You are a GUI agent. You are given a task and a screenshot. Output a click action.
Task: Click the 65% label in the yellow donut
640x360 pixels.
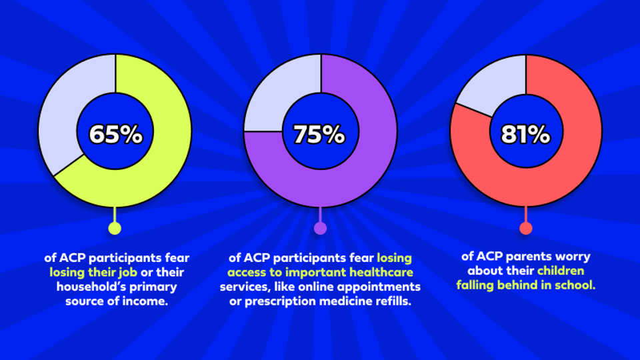coord(116,134)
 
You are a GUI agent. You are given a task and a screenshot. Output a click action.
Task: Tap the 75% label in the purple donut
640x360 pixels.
coord(319,134)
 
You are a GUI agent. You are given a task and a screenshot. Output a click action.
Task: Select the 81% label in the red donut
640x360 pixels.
coord(525,134)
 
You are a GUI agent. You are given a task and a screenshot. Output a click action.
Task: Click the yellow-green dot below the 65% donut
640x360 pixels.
coord(115,229)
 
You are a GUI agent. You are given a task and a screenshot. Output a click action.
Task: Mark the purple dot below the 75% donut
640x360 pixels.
coord(320,229)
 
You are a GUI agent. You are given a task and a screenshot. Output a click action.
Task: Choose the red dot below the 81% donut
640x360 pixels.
coord(525,229)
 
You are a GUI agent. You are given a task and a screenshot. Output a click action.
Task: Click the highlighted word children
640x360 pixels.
coord(561,271)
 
